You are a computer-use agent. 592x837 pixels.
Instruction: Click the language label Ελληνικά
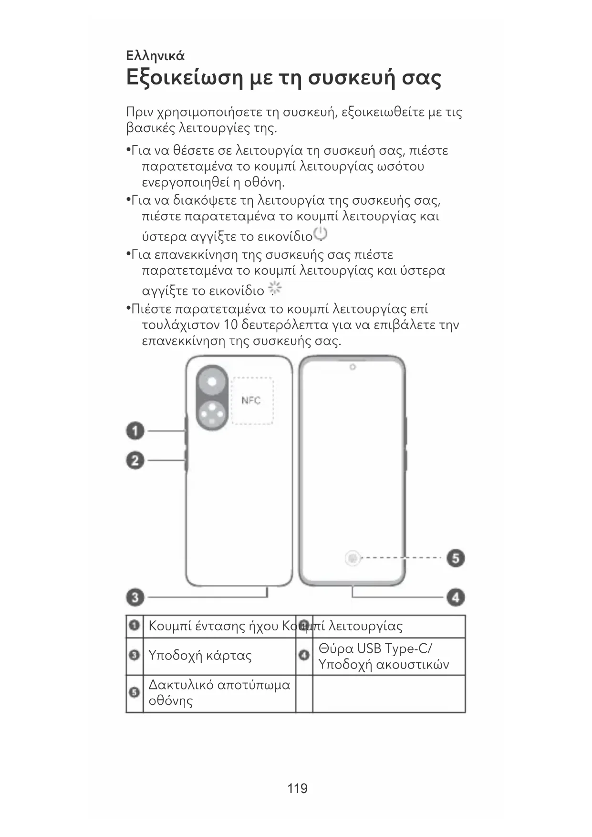pyautogui.click(x=155, y=56)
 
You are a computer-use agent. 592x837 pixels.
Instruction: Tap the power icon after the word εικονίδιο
pyautogui.click(x=321, y=234)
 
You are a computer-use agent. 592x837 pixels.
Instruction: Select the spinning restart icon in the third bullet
pyautogui.click(x=275, y=288)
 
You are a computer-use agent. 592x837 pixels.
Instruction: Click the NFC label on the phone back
pyautogui.click(x=251, y=400)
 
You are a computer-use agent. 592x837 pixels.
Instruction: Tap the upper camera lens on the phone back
pyautogui.click(x=211, y=382)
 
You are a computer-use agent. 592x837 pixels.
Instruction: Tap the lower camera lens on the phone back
pyautogui.click(x=211, y=413)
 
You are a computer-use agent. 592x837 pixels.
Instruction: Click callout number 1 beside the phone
pyautogui.click(x=135, y=431)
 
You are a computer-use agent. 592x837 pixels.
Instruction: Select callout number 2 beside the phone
pyautogui.click(x=135, y=460)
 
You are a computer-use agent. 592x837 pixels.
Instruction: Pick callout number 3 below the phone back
pyautogui.click(x=135, y=597)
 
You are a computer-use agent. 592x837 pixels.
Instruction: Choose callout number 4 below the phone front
pyautogui.click(x=456, y=597)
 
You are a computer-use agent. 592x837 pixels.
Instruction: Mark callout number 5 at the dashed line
pyautogui.click(x=456, y=558)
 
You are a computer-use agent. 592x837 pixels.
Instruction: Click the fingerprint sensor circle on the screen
pyautogui.click(x=352, y=558)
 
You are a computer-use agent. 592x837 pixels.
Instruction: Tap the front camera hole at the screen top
pyautogui.click(x=353, y=367)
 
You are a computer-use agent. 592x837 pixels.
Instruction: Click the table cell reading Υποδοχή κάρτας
pyautogui.click(x=200, y=656)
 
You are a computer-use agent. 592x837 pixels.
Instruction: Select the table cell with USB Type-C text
pyautogui.click(x=384, y=657)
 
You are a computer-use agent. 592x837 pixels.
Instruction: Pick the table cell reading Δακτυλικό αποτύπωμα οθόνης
pyautogui.click(x=219, y=693)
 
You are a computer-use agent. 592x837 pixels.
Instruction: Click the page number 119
pyautogui.click(x=297, y=788)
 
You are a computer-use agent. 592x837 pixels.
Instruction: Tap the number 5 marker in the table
pyautogui.click(x=135, y=692)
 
